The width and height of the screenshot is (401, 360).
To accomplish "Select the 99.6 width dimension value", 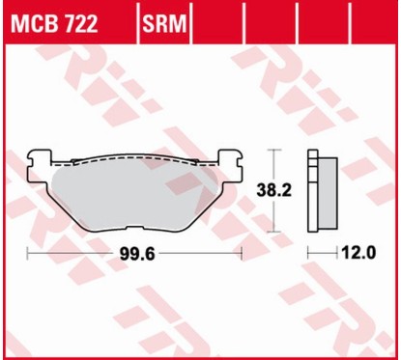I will [x=135, y=254].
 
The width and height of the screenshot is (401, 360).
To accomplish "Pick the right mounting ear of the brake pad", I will [x=230, y=157].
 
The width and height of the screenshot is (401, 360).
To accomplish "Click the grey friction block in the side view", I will [x=326, y=192].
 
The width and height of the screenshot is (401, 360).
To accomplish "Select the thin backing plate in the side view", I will [x=311, y=192].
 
